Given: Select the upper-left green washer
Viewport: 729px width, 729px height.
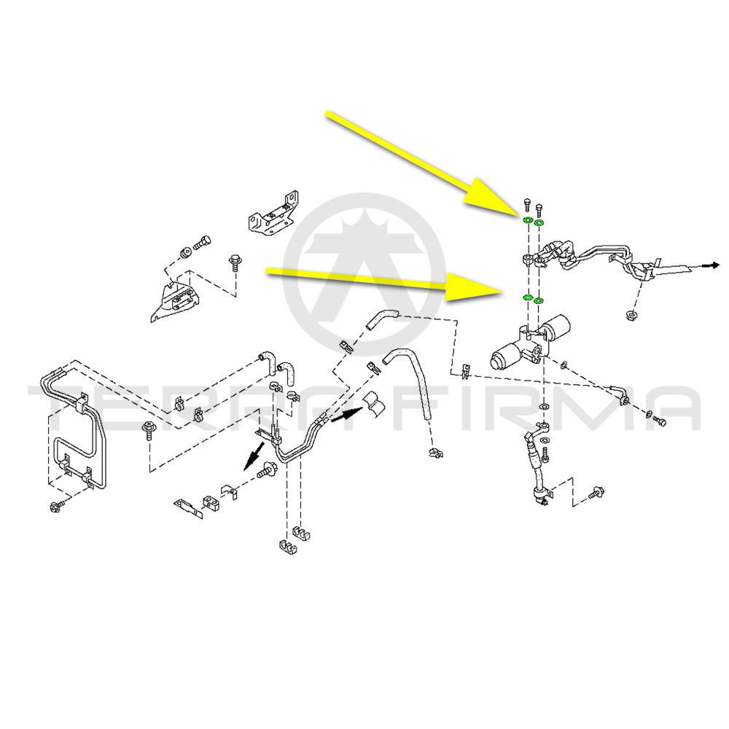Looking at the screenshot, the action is pyautogui.click(x=528, y=220).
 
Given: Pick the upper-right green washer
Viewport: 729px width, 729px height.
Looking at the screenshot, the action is pyautogui.click(x=539, y=224).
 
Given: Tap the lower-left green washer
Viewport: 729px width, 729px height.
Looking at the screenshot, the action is pyautogui.click(x=528, y=297).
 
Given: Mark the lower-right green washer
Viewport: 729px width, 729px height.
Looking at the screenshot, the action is pyautogui.click(x=539, y=301).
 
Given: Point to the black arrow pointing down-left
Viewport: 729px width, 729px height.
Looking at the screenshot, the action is pyautogui.click(x=254, y=456).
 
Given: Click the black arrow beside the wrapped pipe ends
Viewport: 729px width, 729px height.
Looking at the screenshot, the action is pyautogui.click(x=347, y=414).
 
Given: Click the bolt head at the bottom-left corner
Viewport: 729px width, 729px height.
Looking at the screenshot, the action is pyautogui.click(x=55, y=507).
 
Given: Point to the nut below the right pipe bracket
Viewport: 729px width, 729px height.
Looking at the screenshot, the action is pyautogui.click(x=632, y=316).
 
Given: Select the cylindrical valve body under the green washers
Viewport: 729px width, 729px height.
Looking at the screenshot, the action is pyautogui.click(x=530, y=344).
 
